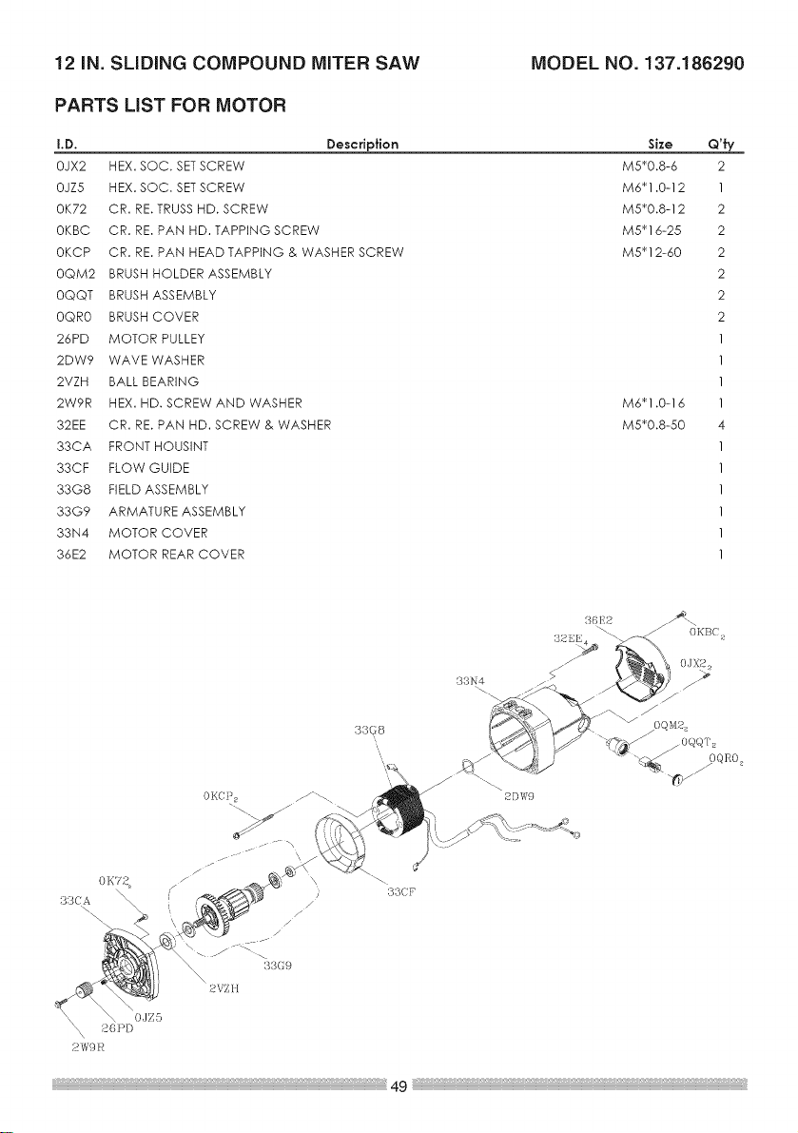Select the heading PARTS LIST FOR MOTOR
click(x=171, y=106)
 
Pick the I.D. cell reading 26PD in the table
click(x=71, y=339)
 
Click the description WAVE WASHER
click(x=157, y=360)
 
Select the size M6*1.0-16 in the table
click(x=652, y=403)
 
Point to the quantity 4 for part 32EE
click(x=722, y=425)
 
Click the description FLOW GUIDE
click(x=148, y=468)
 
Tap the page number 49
click(x=399, y=1085)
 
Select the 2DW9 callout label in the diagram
click(x=518, y=797)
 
